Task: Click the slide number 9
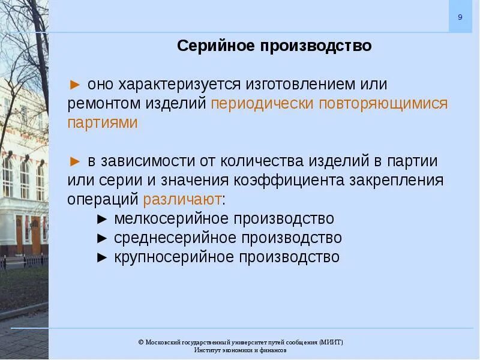[460, 17]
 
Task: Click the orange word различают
[182, 200]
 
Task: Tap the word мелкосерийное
[172, 219]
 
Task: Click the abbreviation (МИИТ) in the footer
[331, 342]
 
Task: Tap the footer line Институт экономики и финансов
[240, 350]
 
